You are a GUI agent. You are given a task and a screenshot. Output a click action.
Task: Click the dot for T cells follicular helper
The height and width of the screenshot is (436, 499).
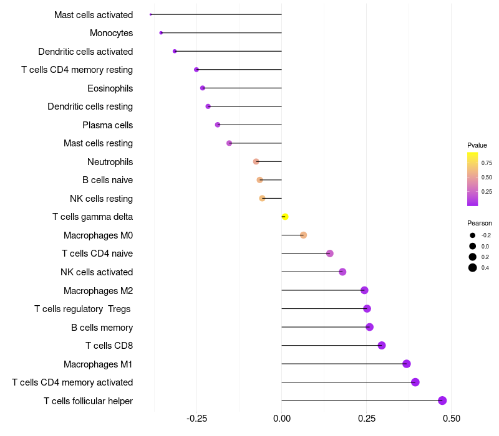point(442,400)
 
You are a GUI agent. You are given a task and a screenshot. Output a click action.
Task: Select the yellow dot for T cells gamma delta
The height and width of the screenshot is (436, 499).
point(285,217)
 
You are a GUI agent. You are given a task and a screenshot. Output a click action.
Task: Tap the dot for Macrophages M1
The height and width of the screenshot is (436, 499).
point(407,364)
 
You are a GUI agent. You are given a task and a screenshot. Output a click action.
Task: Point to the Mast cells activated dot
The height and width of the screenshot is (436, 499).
point(151,14)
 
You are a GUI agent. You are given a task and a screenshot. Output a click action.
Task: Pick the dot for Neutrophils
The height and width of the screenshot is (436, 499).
point(256,162)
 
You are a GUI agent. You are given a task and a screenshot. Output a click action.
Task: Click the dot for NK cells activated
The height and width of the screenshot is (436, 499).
point(342,272)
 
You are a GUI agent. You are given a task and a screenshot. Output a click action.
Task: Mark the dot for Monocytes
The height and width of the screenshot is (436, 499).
point(161,33)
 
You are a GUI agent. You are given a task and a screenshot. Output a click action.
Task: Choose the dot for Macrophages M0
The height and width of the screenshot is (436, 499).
point(303,235)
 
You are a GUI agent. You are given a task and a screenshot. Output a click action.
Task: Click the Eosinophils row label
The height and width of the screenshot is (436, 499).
point(110,88)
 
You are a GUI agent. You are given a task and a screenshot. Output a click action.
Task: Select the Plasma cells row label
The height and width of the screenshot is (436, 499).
point(107,125)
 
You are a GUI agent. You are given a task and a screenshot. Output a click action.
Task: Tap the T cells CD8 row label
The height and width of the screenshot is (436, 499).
point(109,346)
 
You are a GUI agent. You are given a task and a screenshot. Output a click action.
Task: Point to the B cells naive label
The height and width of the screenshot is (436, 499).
point(107,180)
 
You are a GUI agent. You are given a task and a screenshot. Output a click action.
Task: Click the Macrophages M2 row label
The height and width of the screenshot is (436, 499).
point(98,290)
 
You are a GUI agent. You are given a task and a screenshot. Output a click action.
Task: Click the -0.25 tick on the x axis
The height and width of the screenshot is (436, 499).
point(197,418)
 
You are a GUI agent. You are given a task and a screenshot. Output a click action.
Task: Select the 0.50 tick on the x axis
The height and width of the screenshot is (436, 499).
point(451,418)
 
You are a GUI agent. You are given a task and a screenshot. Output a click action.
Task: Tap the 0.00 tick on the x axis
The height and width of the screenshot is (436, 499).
point(282,418)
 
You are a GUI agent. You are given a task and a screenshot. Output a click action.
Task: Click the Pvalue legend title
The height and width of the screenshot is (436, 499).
point(477,145)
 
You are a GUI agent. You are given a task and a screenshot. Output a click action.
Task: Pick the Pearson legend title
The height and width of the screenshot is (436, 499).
point(479,223)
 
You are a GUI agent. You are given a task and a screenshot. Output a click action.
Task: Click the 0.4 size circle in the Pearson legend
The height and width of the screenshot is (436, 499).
point(473,268)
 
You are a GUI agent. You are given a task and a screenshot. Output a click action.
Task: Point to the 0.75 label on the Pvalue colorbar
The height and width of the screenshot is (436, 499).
point(487,163)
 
